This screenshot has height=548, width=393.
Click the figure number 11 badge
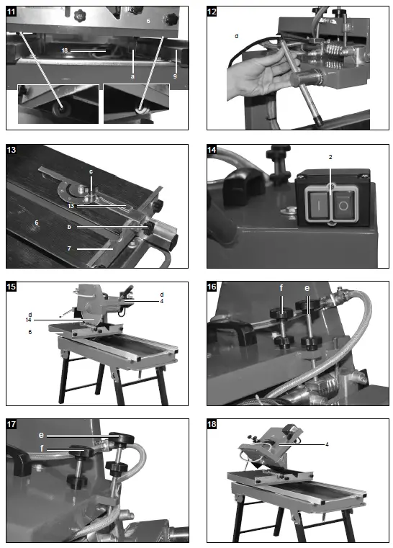[12, 12]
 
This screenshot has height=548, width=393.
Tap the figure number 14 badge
[212, 150]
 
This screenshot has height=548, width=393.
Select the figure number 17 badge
[12, 424]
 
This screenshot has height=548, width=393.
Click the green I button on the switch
[318, 205]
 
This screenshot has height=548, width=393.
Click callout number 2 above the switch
[330, 157]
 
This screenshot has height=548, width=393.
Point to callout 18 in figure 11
[64, 50]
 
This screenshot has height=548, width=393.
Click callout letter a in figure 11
[132, 76]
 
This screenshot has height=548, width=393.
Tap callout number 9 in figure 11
[175, 76]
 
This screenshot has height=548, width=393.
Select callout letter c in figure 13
[91, 171]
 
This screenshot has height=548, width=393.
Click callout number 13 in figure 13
[71, 206]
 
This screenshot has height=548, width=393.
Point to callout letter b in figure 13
[69, 227]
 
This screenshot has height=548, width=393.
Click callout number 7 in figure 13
[69, 248]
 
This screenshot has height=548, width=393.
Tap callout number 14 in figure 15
[29, 320]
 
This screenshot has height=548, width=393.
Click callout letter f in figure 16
[281, 288]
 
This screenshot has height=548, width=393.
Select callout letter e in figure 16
[307, 288]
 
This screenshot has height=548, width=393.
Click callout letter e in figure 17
[41, 435]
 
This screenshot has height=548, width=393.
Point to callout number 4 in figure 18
[327, 444]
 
